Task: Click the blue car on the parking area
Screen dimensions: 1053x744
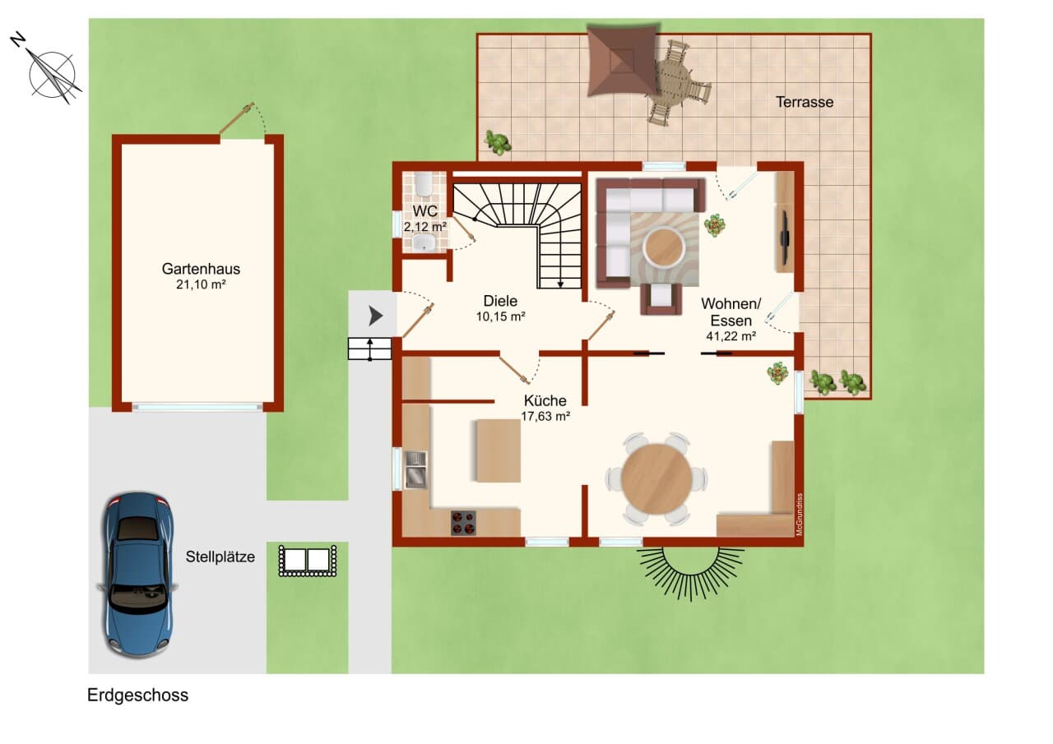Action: point(137,574)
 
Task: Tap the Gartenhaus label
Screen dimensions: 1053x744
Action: point(201,269)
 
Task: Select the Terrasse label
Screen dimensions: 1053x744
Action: point(805,102)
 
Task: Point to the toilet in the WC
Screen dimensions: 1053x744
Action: point(424,184)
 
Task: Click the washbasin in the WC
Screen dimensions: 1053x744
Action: point(424,243)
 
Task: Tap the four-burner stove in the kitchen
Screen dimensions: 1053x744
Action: point(463,523)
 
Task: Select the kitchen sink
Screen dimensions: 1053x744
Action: point(415,470)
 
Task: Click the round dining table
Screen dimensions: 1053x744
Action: point(656,478)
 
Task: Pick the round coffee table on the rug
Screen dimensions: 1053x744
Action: point(664,247)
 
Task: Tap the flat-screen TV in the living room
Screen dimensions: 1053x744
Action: point(784,238)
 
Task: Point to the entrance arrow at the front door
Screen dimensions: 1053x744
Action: point(375,316)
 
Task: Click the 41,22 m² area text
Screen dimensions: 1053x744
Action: point(731,336)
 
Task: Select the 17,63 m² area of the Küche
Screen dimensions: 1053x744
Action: point(545,416)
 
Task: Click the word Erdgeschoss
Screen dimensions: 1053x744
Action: point(137,695)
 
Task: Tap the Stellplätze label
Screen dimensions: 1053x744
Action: point(220,557)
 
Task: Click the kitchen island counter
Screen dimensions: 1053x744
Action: point(499,451)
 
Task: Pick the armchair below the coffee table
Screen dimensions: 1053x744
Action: point(661,298)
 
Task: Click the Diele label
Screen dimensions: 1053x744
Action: point(500,301)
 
